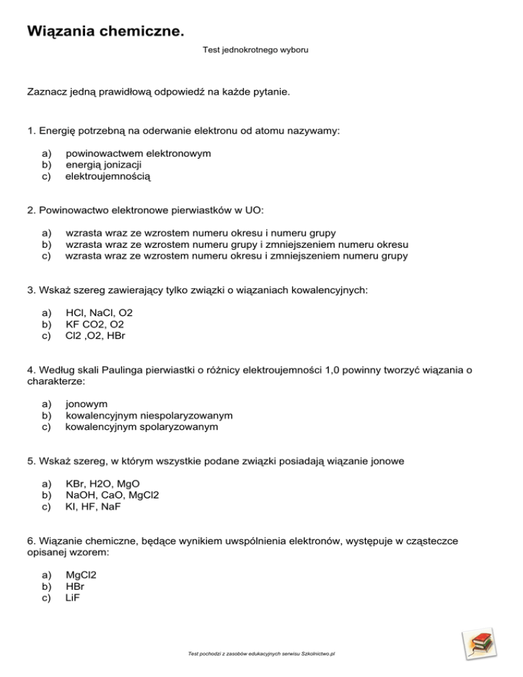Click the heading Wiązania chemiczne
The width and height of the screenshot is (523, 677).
point(105,31)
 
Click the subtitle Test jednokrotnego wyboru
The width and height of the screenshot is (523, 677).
point(261,50)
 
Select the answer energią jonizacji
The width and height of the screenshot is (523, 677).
point(104,164)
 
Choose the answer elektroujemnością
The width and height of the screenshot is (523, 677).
point(108,176)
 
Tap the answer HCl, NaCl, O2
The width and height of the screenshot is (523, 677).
point(99,312)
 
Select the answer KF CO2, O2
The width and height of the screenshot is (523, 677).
point(99,324)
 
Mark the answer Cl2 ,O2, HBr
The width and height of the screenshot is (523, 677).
point(95,335)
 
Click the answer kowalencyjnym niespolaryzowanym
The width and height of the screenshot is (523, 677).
point(149,415)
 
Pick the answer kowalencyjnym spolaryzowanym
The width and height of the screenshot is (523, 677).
point(142,426)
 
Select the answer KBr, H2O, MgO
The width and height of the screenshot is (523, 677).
point(102,484)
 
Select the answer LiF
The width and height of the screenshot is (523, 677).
point(74,597)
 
